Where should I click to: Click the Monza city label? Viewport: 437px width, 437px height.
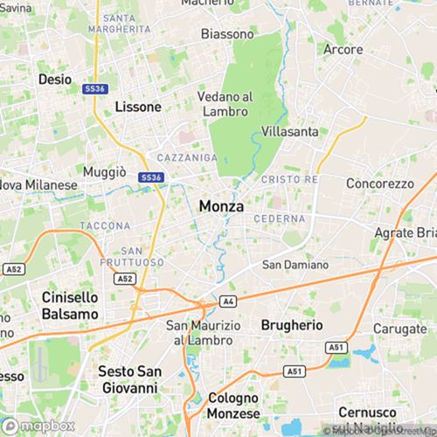coord(222,206)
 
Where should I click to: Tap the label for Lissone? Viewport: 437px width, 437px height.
coord(138,107)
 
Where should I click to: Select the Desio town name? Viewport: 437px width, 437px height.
coord(55,79)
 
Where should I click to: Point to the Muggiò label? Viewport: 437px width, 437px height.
coord(105,172)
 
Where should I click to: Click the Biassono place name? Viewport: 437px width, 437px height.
coord(227,35)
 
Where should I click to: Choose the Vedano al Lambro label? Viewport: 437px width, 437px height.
coord(225,103)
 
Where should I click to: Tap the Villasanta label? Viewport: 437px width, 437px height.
coord(289,131)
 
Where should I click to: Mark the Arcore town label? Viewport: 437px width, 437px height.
coord(343,49)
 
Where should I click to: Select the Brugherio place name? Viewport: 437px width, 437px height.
coord(292,324)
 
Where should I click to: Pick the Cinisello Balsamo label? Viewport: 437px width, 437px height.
coord(70,305)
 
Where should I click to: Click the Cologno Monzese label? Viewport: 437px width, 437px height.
coord(233,405)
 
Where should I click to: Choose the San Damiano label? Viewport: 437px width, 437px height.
coord(296,265)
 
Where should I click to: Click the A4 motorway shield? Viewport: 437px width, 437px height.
coord(228,301)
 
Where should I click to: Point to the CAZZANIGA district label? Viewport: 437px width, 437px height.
coord(187,157)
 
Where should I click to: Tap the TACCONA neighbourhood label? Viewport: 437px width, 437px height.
coord(105,225)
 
